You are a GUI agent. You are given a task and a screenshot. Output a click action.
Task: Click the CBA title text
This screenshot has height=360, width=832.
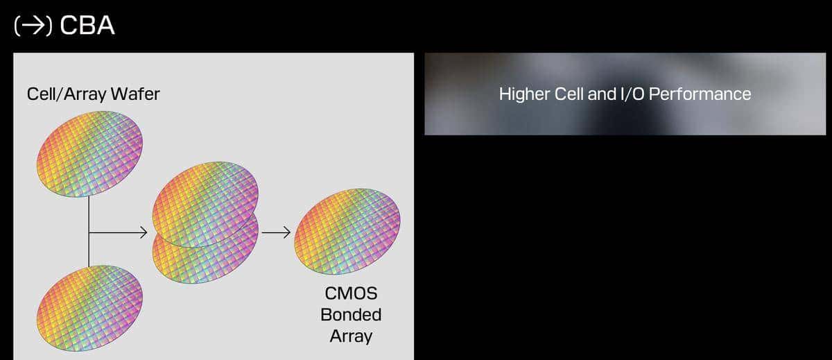point(87,25)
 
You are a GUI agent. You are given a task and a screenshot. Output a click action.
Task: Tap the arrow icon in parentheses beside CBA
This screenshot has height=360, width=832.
point(33,26)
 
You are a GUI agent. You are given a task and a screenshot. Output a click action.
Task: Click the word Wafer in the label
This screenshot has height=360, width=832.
point(135,94)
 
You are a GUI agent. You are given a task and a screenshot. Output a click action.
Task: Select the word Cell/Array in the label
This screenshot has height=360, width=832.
point(67,94)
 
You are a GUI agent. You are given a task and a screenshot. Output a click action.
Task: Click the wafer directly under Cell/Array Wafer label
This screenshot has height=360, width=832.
point(89,154)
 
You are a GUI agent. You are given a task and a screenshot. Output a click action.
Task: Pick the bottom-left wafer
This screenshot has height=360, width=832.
point(89,308)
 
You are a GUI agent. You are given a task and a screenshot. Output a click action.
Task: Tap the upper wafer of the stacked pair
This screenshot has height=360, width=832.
point(205,205)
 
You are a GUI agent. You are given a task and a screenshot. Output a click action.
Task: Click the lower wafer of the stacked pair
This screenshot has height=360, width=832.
point(205,257)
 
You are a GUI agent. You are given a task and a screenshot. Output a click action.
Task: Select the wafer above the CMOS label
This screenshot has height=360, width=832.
point(347,232)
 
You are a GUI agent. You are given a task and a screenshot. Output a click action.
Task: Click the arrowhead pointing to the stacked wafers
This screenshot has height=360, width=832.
point(144,232)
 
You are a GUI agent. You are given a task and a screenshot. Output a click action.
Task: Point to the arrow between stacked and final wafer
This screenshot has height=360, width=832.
point(276,232)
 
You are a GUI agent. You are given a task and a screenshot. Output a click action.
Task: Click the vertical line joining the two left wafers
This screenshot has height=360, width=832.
point(89,231)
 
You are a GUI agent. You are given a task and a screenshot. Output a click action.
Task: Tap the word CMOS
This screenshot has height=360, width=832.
point(351,293)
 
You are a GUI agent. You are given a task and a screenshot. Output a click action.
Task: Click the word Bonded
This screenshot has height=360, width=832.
point(351,315)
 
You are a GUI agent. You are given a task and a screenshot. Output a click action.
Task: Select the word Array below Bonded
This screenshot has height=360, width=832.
point(351,336)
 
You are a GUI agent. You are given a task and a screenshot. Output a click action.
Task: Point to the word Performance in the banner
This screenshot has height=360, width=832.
point(700,94)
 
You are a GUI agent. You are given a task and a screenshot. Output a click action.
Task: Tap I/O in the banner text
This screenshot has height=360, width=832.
point(632,94)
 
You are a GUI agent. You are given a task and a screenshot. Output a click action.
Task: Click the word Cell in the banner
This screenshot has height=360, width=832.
point(569,94)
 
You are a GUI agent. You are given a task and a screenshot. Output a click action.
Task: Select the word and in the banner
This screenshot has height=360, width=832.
point(602,94)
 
